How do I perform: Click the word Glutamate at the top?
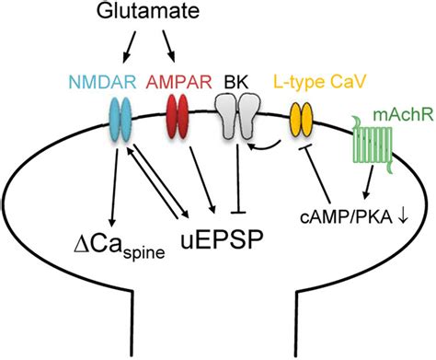coord(148,12)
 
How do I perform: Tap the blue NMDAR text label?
coord(103,82)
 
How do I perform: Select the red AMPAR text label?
coord(178,82)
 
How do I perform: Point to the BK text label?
coord(235,82)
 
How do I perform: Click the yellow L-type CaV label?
coord(320,82)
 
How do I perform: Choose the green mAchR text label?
coord(403,115)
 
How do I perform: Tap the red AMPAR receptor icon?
coord(178,116)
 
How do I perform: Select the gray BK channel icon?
coord(237,117)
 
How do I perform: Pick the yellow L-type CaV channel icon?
coord(302,120)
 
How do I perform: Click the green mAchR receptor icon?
coord(373,145)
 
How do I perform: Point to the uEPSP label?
coord(222,238)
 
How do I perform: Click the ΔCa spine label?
coord(120,246)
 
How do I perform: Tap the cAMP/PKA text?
coord(346,217)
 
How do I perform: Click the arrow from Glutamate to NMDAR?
coord(129,47)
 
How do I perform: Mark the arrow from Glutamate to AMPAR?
coord(168,46)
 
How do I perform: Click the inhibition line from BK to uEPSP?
coord(237,179)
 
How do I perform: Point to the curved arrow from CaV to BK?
coord(264,146)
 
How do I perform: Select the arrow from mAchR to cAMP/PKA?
coord(368,182)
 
